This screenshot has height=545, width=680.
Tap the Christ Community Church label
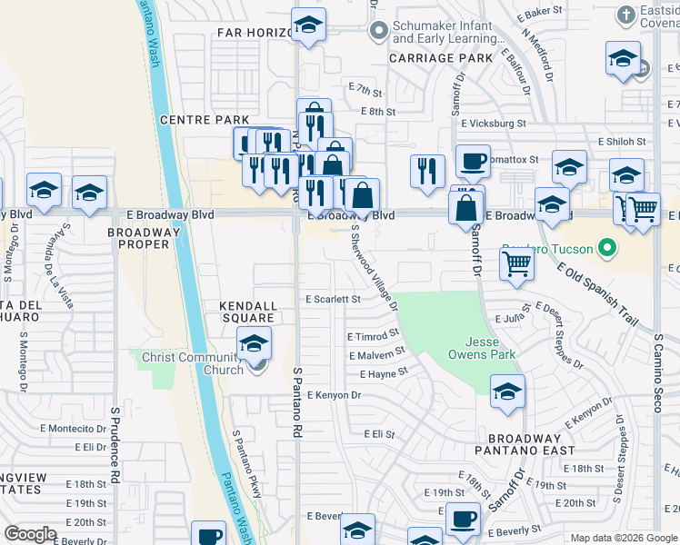(x=192, y=363)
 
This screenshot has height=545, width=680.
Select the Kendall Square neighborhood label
(x=247, y=312)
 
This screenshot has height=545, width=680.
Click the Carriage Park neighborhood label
(x=441, y=58)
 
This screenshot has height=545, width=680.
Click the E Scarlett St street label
(x=333, y=299)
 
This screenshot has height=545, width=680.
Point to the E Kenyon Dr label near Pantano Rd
(x=334, y=395)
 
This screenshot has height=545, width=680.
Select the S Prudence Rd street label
(x=115, y=444)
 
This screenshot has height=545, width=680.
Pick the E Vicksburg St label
(x=493, y=123)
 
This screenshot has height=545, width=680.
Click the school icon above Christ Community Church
(x=254, y=343)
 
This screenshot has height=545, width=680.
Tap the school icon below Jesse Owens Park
(x=507, y=392)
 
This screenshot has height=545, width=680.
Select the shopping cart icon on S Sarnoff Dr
(x=516, y=263)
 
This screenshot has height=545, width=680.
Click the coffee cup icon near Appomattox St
(x=472, y=161)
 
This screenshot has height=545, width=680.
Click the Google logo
(x=31, y=534)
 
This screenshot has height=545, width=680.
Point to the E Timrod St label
(x=373, y=336)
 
